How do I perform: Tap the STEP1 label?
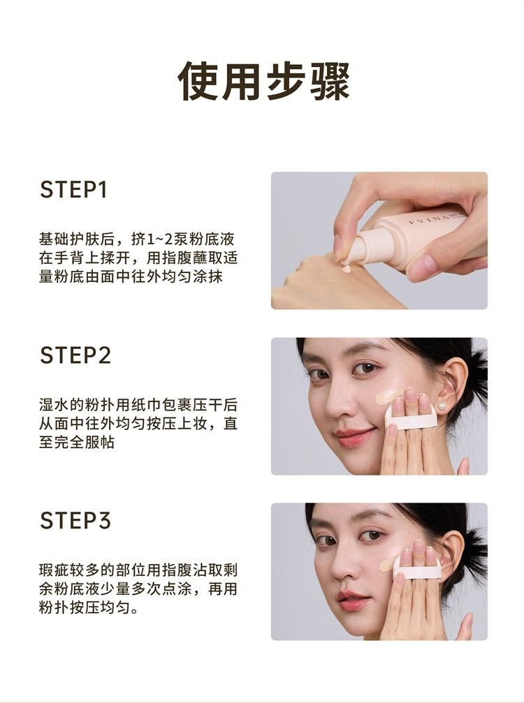coord(73,190)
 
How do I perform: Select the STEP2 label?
coord(75,355)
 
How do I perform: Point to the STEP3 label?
coord(75,521)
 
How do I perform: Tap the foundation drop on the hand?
coord(346,269)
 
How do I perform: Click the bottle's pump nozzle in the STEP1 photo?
coord(345,248)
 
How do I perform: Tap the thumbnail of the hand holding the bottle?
coord(379,240)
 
